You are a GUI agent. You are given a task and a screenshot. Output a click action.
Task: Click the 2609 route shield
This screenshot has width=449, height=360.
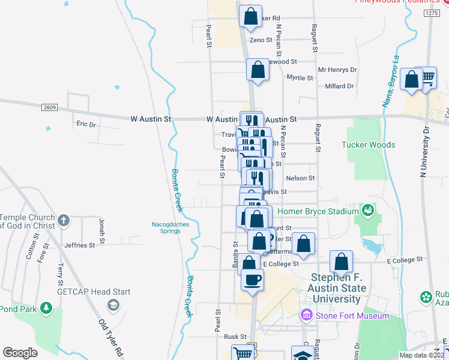50,107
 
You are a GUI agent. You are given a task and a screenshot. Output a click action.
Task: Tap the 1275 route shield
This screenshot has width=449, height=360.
431,13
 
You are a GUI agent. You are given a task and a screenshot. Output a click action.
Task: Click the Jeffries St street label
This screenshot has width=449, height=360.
80,245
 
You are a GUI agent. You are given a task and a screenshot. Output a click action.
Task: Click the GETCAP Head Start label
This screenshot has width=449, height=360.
93,292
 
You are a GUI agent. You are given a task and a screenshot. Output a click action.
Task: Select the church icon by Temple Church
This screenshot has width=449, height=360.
65,221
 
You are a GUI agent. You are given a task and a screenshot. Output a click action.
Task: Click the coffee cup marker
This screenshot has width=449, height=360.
252,278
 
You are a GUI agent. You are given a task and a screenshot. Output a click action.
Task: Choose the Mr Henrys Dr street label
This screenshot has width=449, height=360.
337,70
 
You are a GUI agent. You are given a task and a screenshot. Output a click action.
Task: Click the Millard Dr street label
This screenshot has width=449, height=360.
339,86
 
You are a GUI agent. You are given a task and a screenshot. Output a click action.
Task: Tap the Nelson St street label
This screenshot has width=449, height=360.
300,178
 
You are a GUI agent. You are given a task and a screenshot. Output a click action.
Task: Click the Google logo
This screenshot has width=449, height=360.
20,353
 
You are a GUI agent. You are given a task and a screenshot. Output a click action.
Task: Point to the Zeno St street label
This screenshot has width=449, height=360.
261,40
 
